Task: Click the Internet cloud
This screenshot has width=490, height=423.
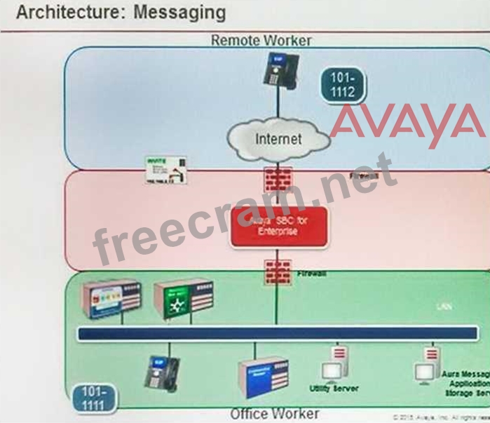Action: pos(278,138)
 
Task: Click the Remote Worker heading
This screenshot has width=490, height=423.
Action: pos(261,40)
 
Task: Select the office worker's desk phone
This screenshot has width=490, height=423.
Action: pos(159,371)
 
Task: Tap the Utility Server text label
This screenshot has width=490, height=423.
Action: pos(334,388)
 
